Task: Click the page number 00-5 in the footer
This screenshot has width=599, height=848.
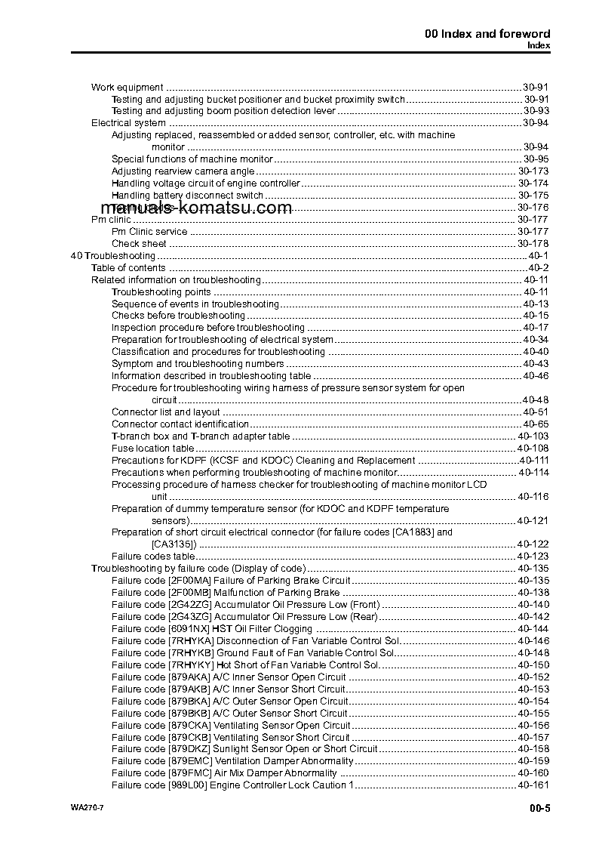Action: click(539, 809)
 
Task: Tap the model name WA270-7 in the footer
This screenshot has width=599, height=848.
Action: click(76, 809)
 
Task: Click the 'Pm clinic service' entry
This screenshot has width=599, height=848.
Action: click(149, 232)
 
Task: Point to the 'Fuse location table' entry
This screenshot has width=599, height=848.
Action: click(152, 449)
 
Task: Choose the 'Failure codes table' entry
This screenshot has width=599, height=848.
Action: click(152, 557)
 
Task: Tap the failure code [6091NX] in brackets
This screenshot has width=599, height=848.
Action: click(188, 629)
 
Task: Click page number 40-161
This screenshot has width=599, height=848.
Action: click(533, 785)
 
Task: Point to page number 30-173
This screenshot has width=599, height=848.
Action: click(533, 171)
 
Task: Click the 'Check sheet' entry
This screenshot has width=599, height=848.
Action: click(139, 244)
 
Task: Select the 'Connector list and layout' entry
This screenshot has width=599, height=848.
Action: click(166, 412)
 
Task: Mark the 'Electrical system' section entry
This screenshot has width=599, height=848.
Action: click(128, 123)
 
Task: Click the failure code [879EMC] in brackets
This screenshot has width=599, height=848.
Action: click(189, 761)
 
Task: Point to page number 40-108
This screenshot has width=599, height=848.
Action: click(533, 449)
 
